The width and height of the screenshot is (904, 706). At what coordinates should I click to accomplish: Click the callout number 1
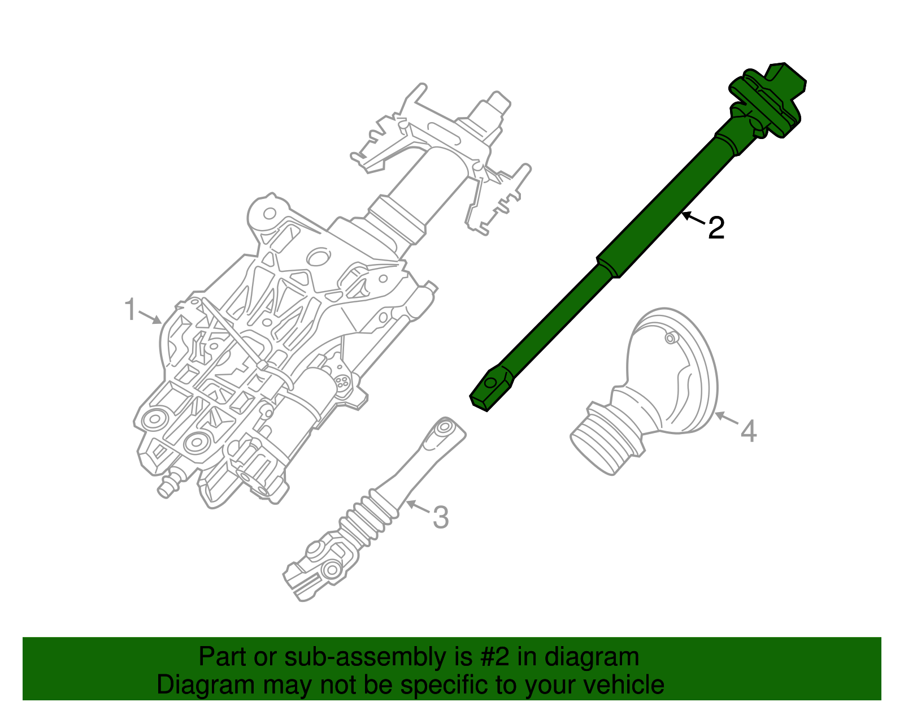point(131,310)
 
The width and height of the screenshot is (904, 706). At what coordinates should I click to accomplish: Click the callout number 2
point(716,228)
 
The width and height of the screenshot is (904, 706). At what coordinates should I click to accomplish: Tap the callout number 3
point(440,517)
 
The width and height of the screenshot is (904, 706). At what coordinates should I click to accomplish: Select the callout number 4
point(748,431)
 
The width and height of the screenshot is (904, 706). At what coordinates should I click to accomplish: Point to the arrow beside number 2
point(693,218)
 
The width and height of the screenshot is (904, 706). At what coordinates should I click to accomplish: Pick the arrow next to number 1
point(150,318)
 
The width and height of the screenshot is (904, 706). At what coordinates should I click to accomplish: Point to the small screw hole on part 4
point(670,339)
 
